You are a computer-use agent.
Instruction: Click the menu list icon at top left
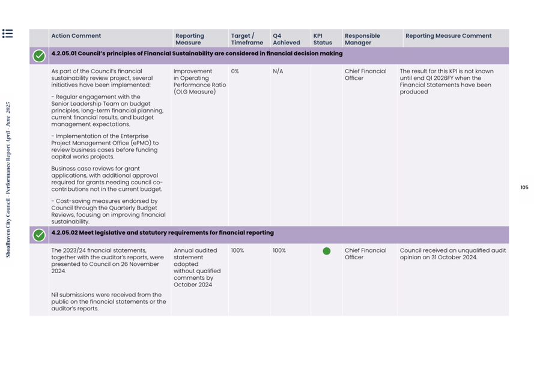click(7, 34)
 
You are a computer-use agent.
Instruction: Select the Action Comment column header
click(76, 36)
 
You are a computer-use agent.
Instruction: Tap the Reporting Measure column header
click(189, 39)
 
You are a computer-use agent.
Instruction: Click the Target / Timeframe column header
click(247, 39)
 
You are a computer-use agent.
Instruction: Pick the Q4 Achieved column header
click(286, 39)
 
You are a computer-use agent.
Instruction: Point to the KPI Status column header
click(323, 39)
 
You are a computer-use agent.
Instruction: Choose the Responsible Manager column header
click(362, 39)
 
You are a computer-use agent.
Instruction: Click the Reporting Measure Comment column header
click(448, 36)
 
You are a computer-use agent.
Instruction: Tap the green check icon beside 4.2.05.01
click(39, 56)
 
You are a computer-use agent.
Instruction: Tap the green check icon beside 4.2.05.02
click(39, 235)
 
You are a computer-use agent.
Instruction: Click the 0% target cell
click(235, 71)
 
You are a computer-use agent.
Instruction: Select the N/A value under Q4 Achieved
click(278, 71)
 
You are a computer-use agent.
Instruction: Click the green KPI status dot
click(326, 251)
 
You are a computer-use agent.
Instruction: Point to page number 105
click(524, 188)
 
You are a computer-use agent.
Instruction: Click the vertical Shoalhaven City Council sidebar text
click(8, 180)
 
